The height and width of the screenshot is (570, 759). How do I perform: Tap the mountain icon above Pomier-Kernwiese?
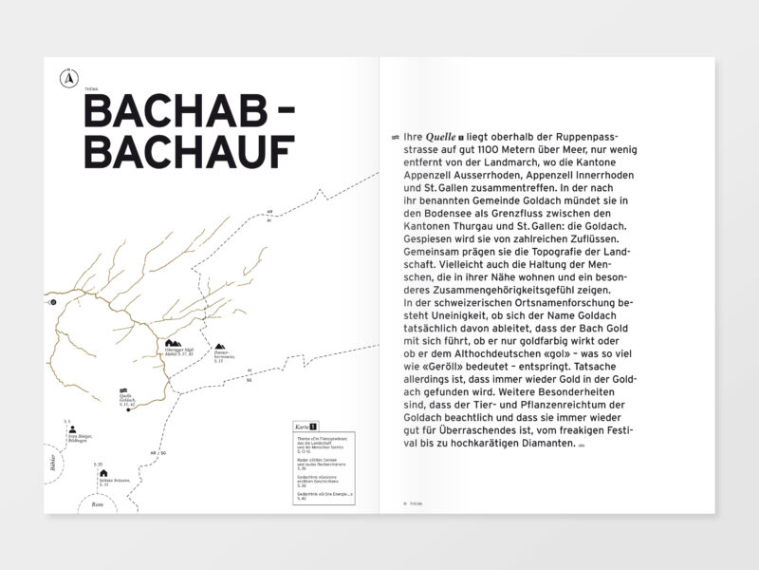point(220,348)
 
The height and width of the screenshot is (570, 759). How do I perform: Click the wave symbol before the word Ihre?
point(393,137)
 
